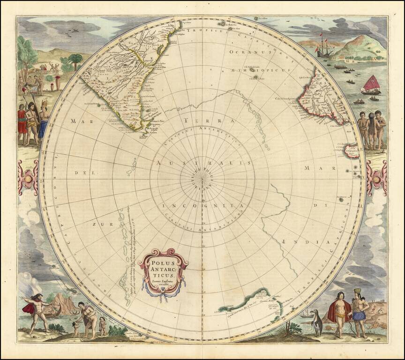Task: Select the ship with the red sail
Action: coord(371,85)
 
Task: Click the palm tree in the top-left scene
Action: coord(75,60)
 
